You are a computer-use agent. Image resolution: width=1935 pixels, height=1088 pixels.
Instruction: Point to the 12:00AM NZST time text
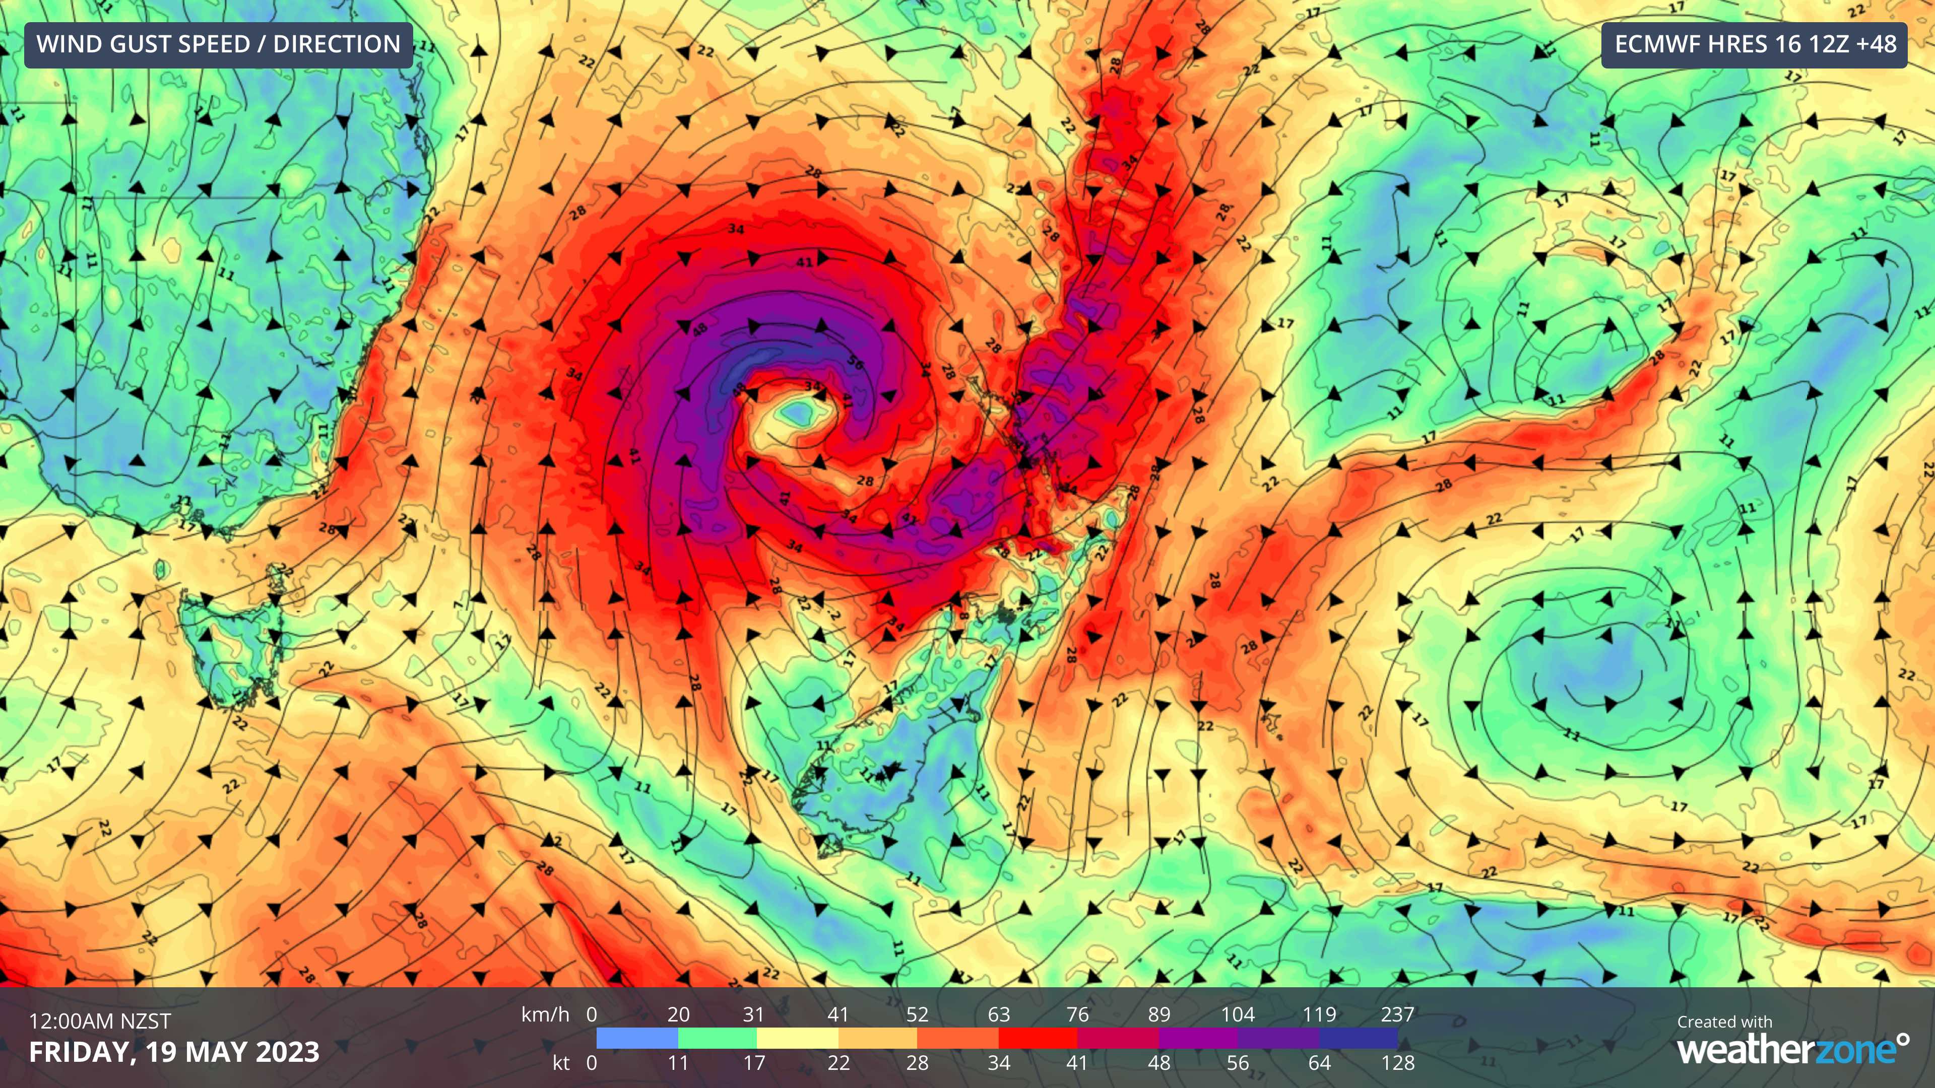pyautogui.click(x=100, y=1021)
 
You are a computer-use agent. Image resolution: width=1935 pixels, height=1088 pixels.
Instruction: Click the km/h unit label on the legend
pyautogui.click(x=545, y=1014)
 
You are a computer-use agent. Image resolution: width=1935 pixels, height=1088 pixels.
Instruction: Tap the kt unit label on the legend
pyautogui.click(x=561, y=1062)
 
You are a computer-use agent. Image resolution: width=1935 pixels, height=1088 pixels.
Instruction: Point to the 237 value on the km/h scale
pyautogui.click(x=1397, y=1014)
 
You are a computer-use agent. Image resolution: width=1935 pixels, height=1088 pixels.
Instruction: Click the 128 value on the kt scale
pyautogui.click(x=1397, y=1062)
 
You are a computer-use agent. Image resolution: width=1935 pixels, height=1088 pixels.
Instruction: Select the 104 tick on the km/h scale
pyautogui.click(x=1237, y=1014)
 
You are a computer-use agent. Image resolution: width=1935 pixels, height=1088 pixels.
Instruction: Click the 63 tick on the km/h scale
pyautogui.click(x=998, y=1014)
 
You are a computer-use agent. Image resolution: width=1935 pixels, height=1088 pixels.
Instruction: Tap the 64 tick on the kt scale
pyautogui.click(x=1319, y=1062)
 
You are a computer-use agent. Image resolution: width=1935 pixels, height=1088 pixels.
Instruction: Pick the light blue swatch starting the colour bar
pyautogui.click(x=637, y=1039)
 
